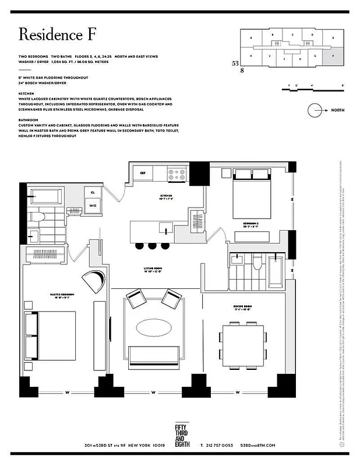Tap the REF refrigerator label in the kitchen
coord(142,173)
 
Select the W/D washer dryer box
coord(93,205)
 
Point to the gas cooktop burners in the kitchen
coord(176,172)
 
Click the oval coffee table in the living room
coord(154,327)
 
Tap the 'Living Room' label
coord(154,270)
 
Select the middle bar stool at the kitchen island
coord(152,246)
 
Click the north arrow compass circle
coord(316,110)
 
